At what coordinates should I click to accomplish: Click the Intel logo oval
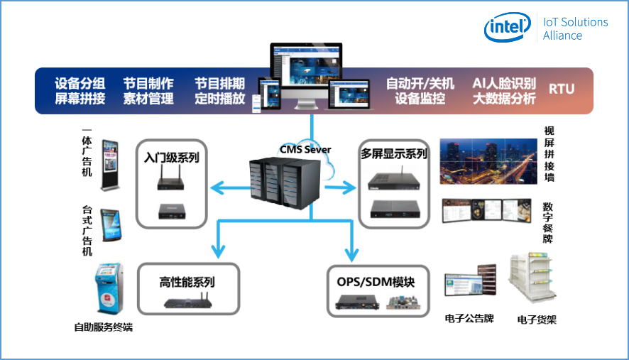[507, 28]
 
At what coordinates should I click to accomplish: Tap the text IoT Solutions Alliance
[575, 28]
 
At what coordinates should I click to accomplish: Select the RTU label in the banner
[562, 89]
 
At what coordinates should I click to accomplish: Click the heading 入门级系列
[172, 157]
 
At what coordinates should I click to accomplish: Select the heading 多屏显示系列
[393, 154]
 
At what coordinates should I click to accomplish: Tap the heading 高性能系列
[187, 282]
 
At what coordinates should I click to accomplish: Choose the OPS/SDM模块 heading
[381, 282]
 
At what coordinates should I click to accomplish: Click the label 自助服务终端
[104, 327]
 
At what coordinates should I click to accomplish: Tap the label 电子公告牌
[469, 319]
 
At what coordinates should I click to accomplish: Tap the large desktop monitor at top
[307, 72]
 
